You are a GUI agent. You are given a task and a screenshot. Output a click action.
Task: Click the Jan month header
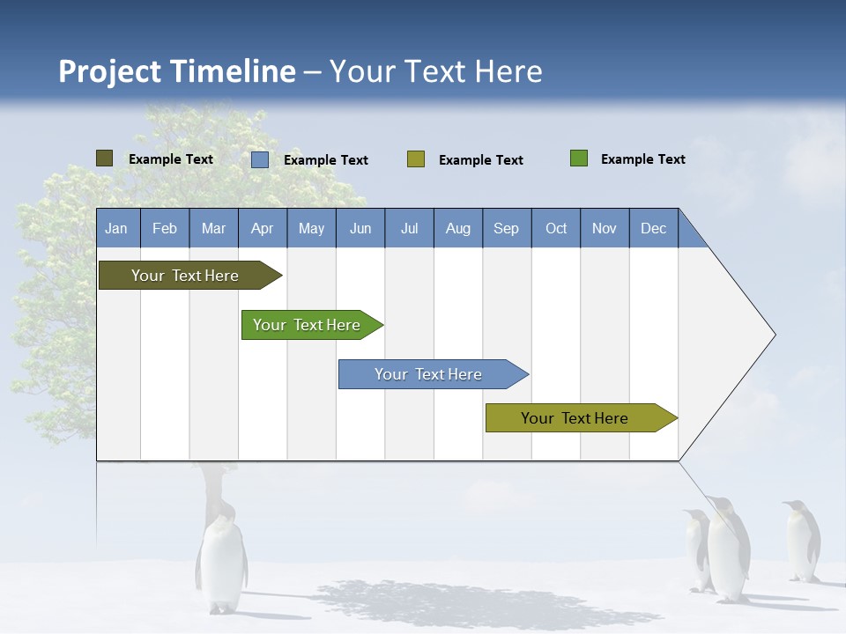pos(116,228)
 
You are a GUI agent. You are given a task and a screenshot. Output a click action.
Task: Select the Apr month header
pos(262,228)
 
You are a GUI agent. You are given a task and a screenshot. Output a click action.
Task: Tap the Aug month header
pos(457,228)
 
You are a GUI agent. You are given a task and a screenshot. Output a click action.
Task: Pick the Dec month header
pos(653,228)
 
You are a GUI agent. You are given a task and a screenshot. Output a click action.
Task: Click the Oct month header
pos(556,228)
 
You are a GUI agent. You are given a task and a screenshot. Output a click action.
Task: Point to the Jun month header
pos(360,228)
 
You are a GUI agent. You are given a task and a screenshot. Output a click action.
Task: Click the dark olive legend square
pos(104,158)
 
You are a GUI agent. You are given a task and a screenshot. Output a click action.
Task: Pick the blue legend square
pos(259,159)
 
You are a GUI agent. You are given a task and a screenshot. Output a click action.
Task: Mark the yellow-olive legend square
pos(415,159)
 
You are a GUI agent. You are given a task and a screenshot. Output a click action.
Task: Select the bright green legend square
pos(578,158)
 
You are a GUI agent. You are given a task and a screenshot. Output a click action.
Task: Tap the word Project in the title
pos(110,71)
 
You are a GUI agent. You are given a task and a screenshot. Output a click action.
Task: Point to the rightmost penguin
pos(801,541)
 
